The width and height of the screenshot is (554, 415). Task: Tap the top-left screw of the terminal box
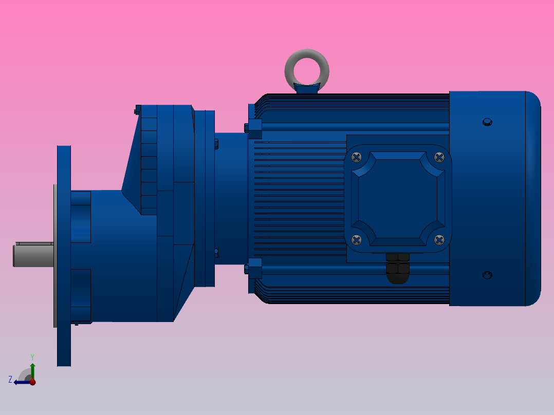pyautogui.click(x=357, y=157)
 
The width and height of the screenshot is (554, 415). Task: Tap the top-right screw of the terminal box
pyautogui.click(x=439, y=157)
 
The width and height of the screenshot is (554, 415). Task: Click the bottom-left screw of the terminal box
pyautogui.click(x=357, y=239)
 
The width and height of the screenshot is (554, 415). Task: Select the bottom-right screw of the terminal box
pyautogui.click(x=439, y=239)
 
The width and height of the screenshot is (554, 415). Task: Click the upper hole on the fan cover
pyautogui.click(x=487, y=122)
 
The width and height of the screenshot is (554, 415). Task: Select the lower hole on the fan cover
pyautogui.click(x=487, y=275)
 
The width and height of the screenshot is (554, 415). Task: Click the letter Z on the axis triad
pyautogui.click(x=10, y=380)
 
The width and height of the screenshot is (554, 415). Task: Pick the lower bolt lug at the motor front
pyautogui.click(x=253, y=268)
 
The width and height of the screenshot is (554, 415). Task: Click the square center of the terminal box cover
pyautogui.click(x=398, y=198)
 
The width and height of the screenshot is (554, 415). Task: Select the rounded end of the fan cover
pyautogui.click(x=533, y=198)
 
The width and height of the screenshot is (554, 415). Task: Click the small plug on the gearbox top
pyautogui.click(x=137, y=109)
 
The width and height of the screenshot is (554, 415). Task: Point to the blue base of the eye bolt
pyautogui.click(x=307, y=89)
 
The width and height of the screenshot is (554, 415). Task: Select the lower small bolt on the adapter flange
pyautogui.click(x=216, y=253)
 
